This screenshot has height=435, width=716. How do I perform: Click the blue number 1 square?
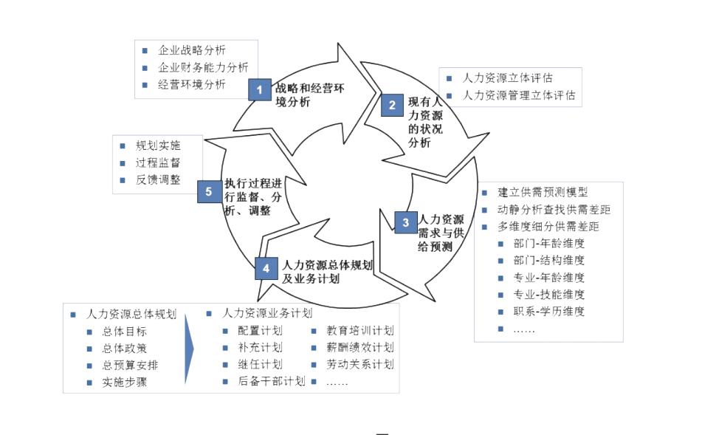[259, 90]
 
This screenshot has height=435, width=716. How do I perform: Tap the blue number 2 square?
[393, 106]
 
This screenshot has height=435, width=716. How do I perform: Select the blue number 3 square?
[405, 222]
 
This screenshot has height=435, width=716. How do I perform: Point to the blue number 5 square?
[209, 192]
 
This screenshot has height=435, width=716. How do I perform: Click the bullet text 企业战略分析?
[192, 51]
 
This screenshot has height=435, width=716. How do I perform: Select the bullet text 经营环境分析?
[192, 84]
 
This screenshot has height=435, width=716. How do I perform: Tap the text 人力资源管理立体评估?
[519, 95]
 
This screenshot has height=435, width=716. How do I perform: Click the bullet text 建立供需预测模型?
[543, 193]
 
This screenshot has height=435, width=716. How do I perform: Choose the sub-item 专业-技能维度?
[550, 295]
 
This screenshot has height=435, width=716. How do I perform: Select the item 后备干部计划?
[272, 382]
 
